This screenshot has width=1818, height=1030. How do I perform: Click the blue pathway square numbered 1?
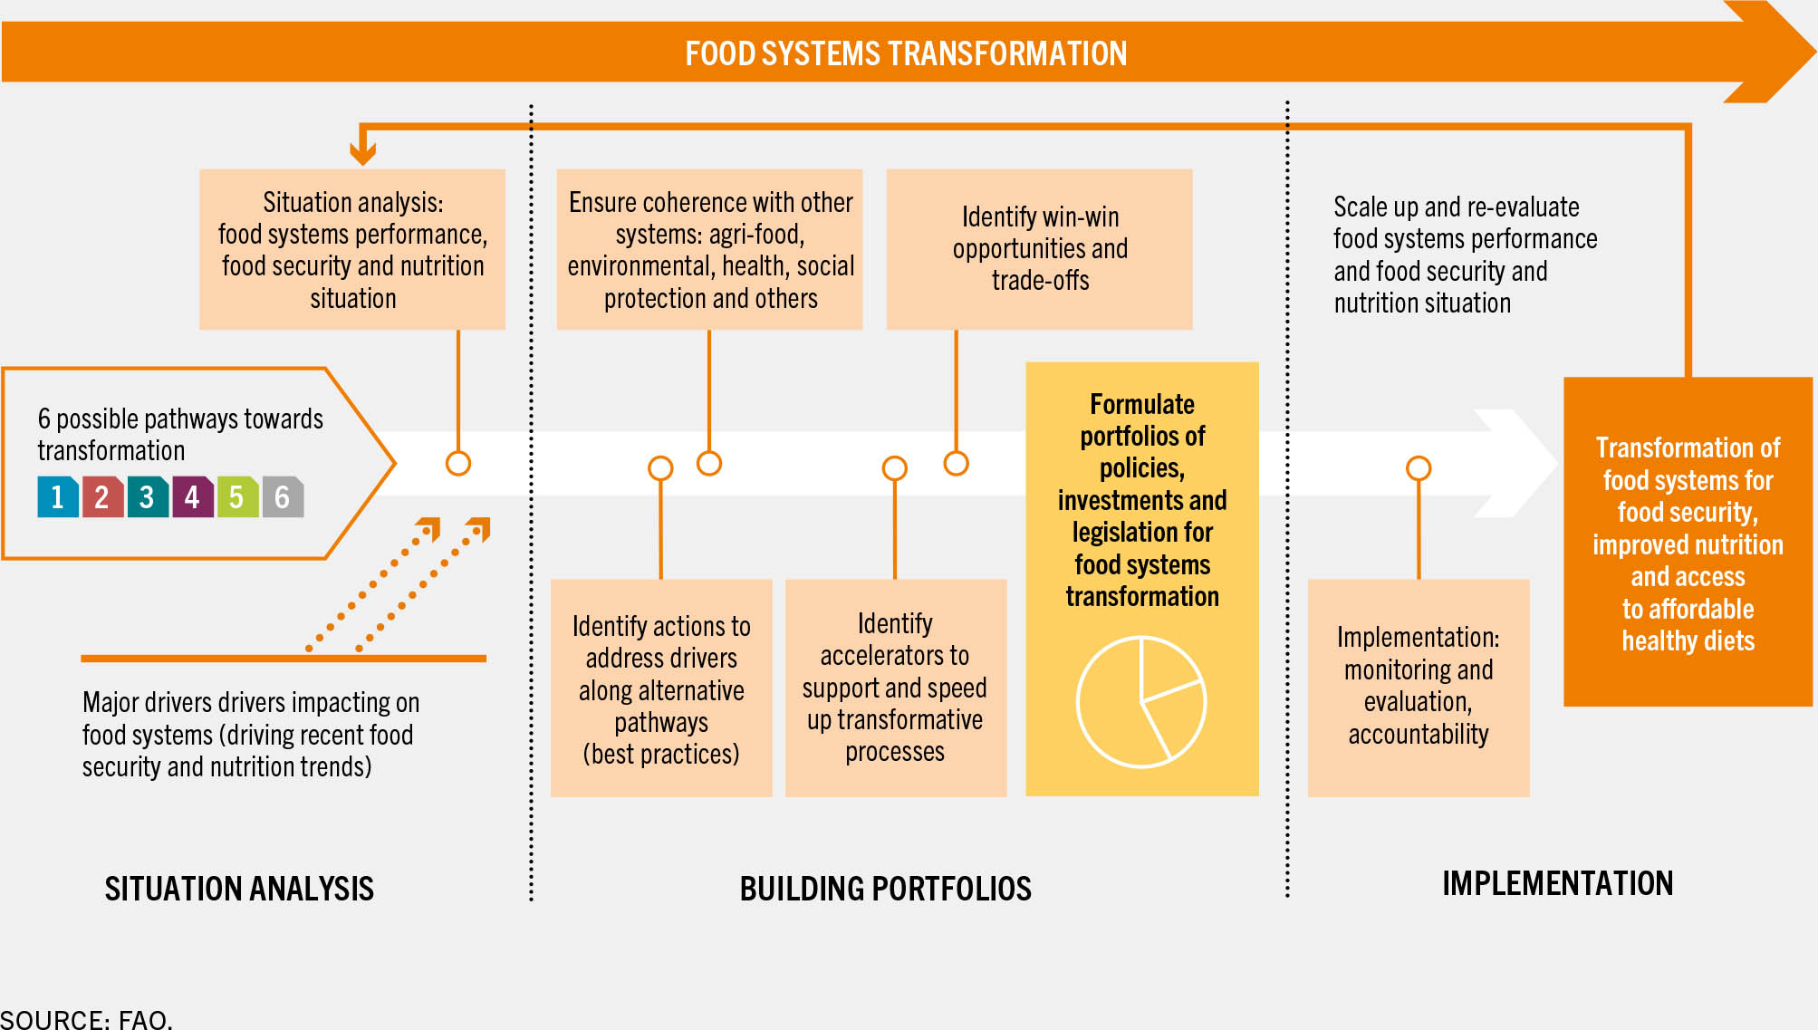pos(58,496)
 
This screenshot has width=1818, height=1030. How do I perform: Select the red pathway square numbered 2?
pos(102,496)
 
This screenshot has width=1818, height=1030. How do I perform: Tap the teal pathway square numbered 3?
pos(148,496)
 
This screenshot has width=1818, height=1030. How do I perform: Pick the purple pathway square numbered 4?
pos(193,496)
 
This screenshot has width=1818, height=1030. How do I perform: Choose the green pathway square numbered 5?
pos(237,496)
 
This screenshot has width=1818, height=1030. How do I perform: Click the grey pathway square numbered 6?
pos(283,496)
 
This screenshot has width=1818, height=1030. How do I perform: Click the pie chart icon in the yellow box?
pos(1141,702)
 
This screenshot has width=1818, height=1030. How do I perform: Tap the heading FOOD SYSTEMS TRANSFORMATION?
pos(906,53)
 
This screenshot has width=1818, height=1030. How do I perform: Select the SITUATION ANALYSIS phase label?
pos(239,889)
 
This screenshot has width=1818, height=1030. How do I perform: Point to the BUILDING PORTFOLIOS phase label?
pos(886,889)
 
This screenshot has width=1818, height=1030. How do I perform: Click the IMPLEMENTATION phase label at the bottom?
pos(1558,883)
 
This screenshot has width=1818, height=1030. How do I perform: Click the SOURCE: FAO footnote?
pos(85,1019)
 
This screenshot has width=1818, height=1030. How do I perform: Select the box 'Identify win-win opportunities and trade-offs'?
pos(1040,249)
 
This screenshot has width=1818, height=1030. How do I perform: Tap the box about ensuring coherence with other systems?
pos(710,249)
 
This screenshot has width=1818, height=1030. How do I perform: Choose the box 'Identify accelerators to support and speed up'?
pos(896,688)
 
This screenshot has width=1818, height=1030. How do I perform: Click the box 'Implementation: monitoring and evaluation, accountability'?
pos(1419,688)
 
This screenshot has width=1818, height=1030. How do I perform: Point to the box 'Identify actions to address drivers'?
pos(661,688)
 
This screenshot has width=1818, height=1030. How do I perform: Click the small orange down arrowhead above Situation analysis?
pos(363,152)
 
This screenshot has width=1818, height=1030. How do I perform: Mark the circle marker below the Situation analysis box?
pos(458,464)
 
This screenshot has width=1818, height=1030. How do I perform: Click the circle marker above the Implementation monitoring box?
pos(1419,468)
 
